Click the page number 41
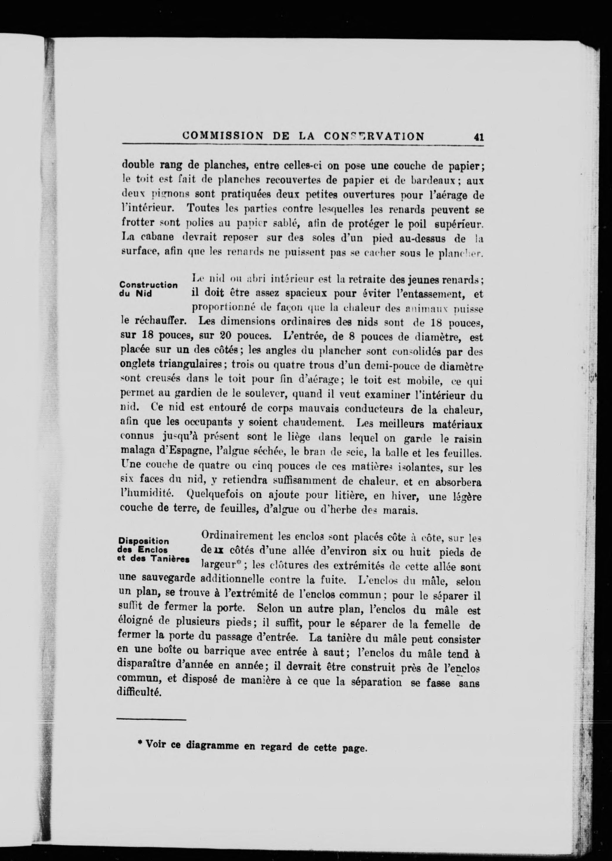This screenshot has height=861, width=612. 479,137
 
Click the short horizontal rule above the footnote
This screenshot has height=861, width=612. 151,720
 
